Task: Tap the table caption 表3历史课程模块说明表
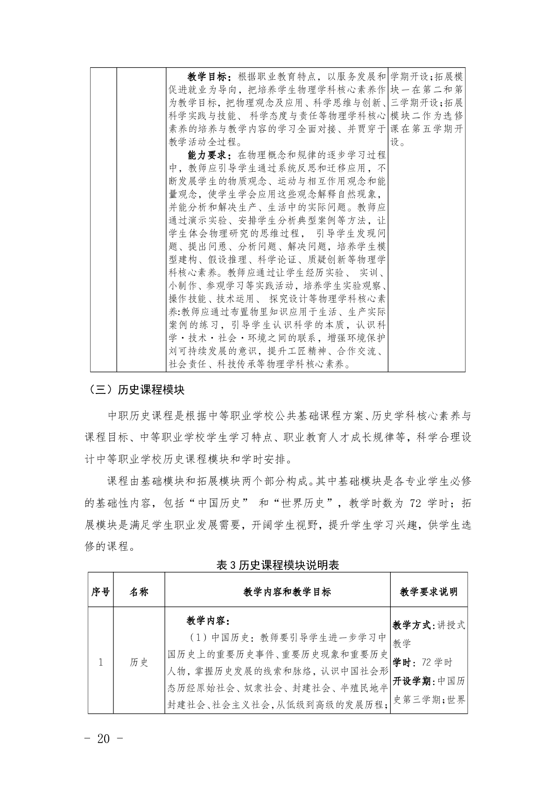(x=278, y=565)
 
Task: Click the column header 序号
(x=100, y=592)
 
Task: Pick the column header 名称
(x=139, y=592)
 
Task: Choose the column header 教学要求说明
(x=429, y=592)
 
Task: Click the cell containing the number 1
(x=100, y=662)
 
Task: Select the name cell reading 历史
(x=139, y=662)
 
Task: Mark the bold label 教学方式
(x=412, y=625)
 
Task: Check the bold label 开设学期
(x=412, y=681)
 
